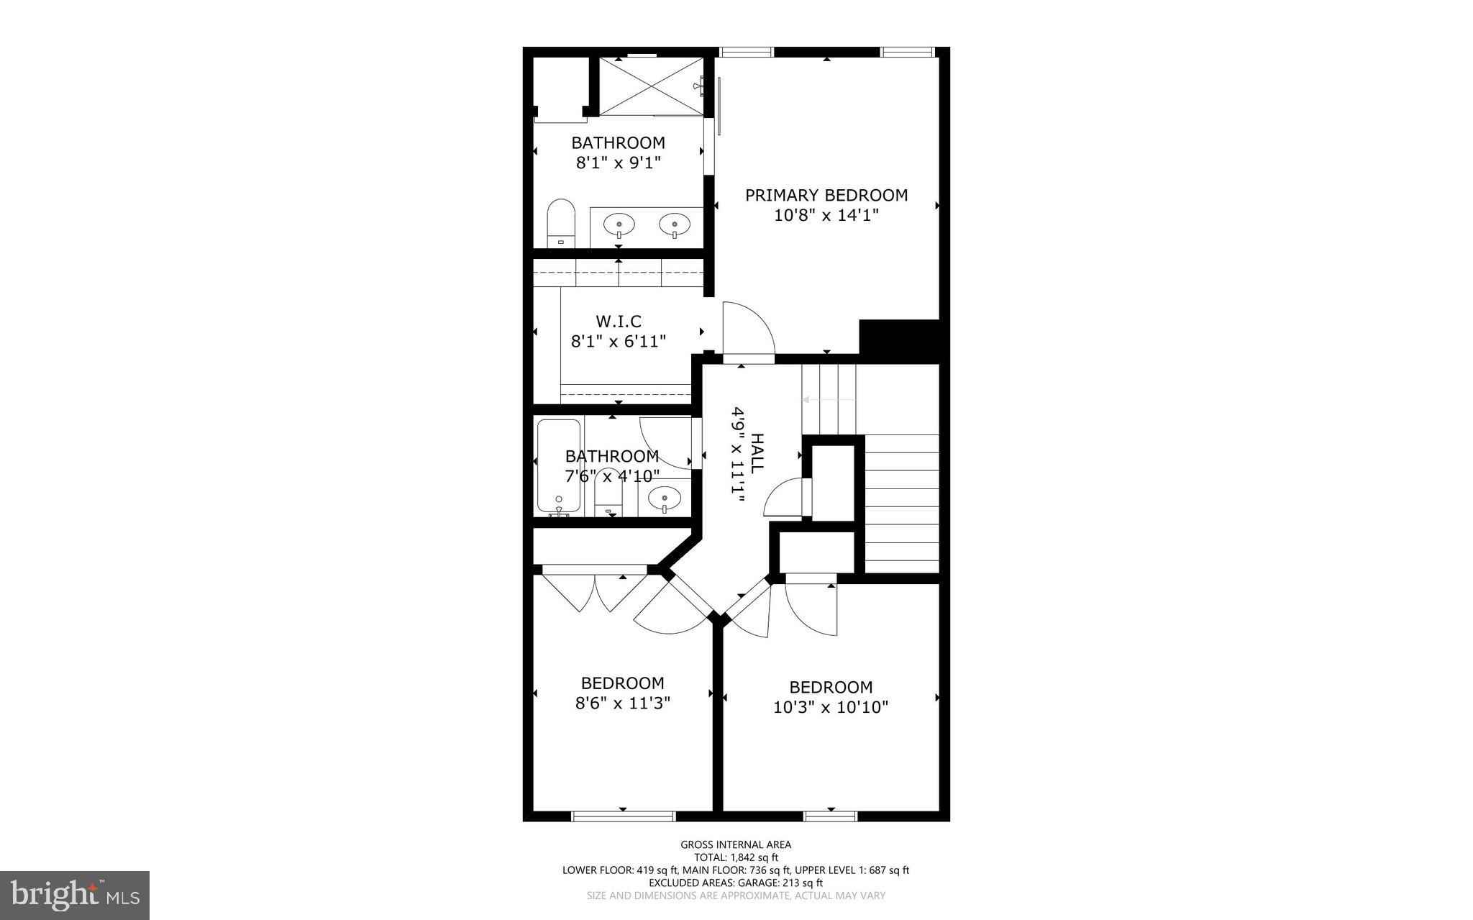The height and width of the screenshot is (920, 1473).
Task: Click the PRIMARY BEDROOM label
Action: click(826, 195)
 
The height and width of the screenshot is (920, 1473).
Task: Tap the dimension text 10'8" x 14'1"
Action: click(826, 215)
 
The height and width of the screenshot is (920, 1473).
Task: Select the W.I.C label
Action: click(619, 321)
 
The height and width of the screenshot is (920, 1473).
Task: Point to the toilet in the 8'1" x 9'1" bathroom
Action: click(562, 223)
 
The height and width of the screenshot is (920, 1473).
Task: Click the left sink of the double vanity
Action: click(619, 225)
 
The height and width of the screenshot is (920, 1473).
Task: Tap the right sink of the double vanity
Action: click(675, 225)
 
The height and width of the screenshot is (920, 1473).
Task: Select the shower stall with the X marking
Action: click(650, 86)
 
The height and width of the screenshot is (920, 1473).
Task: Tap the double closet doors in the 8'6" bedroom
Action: click(596, 592)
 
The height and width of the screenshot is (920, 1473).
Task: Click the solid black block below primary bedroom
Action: click(899, 341)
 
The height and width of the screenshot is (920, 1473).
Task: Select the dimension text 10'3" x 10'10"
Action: click(831, 708)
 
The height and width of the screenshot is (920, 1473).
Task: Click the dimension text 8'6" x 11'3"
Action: click(623, 703)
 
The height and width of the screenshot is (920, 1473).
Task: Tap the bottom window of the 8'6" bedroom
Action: click(623, 816)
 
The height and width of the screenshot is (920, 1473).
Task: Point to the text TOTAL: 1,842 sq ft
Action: click(736, 857)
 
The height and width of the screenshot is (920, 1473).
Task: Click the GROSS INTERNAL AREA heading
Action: click(736, 844)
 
